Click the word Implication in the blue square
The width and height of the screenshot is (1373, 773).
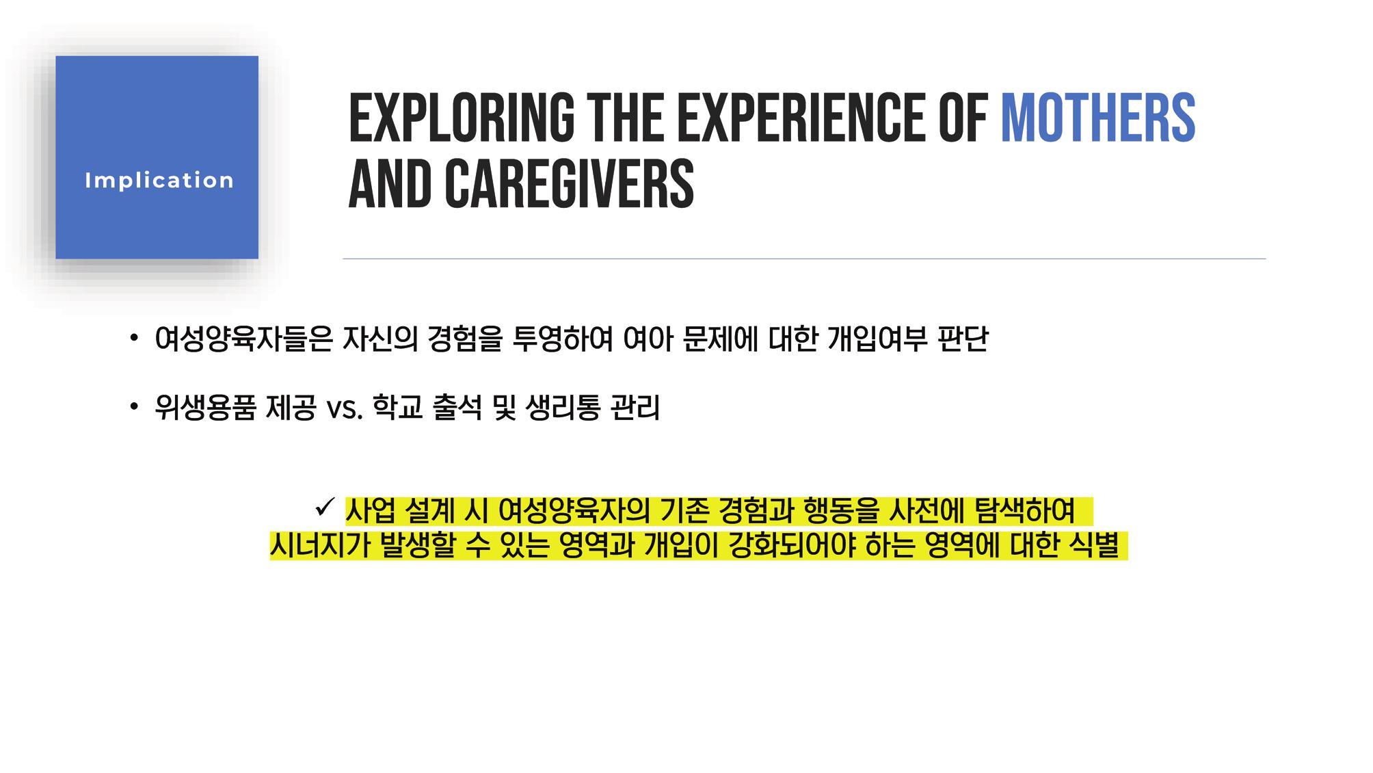point(159,181)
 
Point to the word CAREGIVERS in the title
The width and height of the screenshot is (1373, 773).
point(570,183)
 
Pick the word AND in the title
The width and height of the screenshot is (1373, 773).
point(390,183)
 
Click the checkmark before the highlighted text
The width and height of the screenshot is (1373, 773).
point(324,508)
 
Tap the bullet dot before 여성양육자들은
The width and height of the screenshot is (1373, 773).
point(134,337)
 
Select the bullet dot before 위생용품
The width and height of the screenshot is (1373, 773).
point(134,407)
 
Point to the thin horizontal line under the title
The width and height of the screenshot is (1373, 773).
point(804,259)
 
